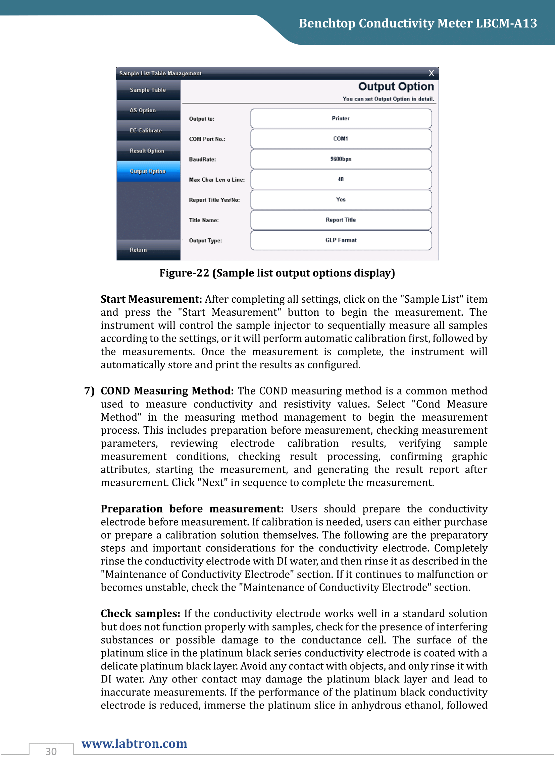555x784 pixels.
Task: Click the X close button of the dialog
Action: (x=431, y=73)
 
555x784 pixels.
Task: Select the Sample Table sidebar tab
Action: (x=148, y=90)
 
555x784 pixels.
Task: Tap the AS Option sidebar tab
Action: (x=148, y=110)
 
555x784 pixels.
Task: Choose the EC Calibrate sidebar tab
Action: (x=148, y=130)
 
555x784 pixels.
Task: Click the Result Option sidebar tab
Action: (x=148, y=151)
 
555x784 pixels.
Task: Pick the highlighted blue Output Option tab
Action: (x=148, y=171)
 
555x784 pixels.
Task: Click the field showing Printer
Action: (x=341, y=118)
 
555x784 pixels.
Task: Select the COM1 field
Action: (x=341, y=139)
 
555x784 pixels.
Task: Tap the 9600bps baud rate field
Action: (x=341, y=159)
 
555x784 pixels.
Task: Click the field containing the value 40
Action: (x=341, y=179)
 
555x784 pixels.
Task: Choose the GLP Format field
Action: (x=341, y=240)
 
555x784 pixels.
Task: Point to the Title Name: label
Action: (x=204, y=220)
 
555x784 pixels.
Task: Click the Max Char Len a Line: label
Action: (x=217, y=180)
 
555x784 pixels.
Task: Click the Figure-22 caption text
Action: (x=277, y=273)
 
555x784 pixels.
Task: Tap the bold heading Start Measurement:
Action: (x=151, y=299)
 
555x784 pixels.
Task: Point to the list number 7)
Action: (x=89, y=391)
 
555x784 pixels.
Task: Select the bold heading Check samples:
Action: (x=141, y=614)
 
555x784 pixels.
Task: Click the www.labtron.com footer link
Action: (x=134, y=743)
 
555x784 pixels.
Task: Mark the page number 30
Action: (x=51, y=751)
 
